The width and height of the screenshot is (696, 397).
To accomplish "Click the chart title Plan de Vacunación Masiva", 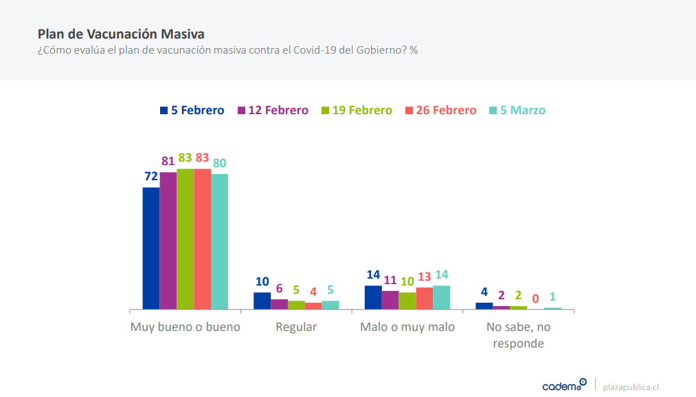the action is [x=121, y=34].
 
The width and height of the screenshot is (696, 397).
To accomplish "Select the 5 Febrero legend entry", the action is [x=192, y=110].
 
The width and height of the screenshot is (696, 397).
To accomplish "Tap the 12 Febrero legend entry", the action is [x=273, y=110].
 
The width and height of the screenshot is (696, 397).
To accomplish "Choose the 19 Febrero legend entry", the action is [x=357, y=110].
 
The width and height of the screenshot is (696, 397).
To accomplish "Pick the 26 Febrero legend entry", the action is [x=441, y=110].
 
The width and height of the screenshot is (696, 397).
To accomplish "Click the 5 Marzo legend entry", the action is [x=517, y=110].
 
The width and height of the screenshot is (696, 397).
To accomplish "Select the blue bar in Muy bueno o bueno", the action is [x=151, y=248].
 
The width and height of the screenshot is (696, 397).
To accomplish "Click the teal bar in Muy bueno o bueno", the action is [x=219, y=242].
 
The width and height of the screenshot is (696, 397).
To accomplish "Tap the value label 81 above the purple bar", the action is [x=168, y=161].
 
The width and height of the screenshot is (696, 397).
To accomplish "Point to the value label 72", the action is [x=151, y=177].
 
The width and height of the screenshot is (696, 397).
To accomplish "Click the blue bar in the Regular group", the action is [x=262, y=301].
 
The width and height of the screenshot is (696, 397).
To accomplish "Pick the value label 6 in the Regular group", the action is [x=279, y=288].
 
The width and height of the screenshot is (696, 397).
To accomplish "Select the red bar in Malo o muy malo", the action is [x=425, y=299].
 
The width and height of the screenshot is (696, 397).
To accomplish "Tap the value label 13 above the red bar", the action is [x=425, y=277].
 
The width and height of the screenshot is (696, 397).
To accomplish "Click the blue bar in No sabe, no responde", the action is [x=484, y=306].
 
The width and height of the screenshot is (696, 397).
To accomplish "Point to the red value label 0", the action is [x=535, y=299].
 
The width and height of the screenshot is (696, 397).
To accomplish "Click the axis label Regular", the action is [x=296, y=328].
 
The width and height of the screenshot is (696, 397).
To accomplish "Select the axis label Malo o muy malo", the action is [x=407, y=328].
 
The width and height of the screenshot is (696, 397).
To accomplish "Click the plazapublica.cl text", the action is [x=631, y=387].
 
